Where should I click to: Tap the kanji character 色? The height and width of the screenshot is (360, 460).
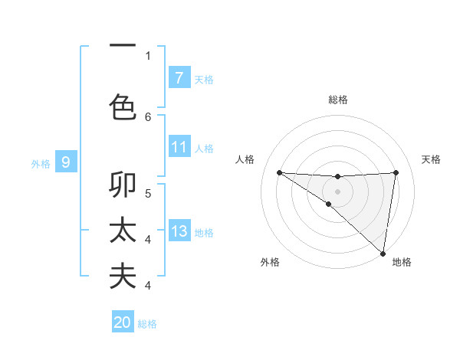pyautogui.click(x=123, y=106)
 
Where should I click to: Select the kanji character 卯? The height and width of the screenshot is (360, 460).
pyautogui.click(x=123, y=186)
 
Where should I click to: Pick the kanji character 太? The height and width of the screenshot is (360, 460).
pyautogui.click(x=123, y=231)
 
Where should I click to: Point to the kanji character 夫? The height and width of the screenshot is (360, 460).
pyautogui.click(x=123, y=276)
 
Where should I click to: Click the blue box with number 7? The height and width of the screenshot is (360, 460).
pyautogui.click(x=179, y=78)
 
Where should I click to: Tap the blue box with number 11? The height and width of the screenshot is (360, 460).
pyautogui.click(x=179, y=147)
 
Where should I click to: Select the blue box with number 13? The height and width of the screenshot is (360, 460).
pyautogui.click(x=179, y=231)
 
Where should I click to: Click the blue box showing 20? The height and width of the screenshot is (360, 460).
pyautogui.click(x=123, y=322)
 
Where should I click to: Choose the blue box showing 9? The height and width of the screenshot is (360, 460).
pyautogui.click(x=67, y=162)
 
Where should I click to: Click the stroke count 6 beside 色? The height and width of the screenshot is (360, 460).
pyautogui.click(x=148, y=116)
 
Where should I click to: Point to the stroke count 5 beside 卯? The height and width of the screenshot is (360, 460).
pyautogui.click(x=148, y=193)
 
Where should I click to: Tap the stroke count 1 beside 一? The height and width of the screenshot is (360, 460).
pyautogui.click(x=148, y=55)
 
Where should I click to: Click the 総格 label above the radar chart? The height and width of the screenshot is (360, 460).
pyautogui.click(x=338, y=100)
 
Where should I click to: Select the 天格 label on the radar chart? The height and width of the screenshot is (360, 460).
pyautogui.click(x=431, y=159)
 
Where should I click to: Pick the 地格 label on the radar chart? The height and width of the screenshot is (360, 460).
pyautogui.click(x=402, y=263)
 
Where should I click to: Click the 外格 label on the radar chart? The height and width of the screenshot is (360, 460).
pyautogui.click(x=270, y=263)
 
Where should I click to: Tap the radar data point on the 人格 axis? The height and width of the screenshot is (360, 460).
pyautogui.click(x=279, y=172)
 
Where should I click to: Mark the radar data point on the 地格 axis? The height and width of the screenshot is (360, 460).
pyautogui.click(x=383, y=253)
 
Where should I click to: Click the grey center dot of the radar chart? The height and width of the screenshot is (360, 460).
pyautogui.click(x=337, y=191)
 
